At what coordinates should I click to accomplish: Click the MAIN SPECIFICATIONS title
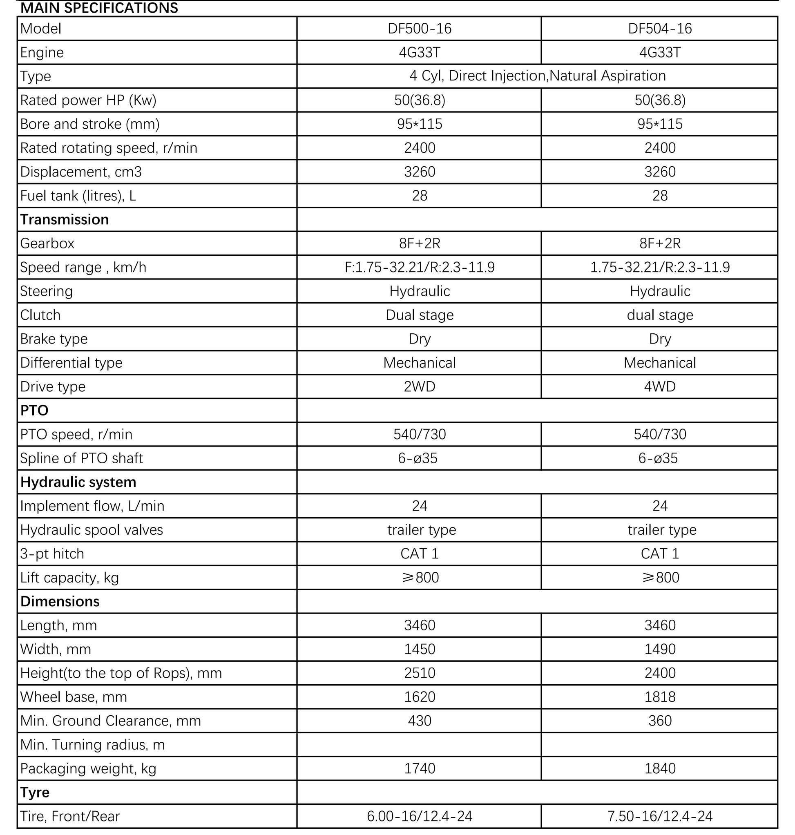pyautogui.click(x=99, y=8)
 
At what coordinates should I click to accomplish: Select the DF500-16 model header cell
pyautogui.click(x=419, y=29)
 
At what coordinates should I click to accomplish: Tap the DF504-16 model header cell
pyautogui.click(x=659, y=29)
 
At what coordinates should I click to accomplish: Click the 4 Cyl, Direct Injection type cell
pyautogui.click(x=537, y=76)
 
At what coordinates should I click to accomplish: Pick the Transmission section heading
pyautogui.click(x=65, y=219)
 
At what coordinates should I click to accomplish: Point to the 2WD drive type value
pyautogui.click(x=419, y=386)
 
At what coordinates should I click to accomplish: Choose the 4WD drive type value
pyautogui.click(x=659, y=386)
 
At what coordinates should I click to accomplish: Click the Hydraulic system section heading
pyautogui.click(x=78, y=482)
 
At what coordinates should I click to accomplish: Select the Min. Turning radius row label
pyautogui.click(x=92, y=745)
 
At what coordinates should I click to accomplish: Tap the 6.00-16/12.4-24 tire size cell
pyautogui.click(x=419, y=816)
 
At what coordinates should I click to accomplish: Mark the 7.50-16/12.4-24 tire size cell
pyautogui.click(x=659, y=816)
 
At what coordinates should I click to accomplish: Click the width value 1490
pyautogui.click(x=659, y=650)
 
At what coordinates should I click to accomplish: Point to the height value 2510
pyautogui.click(x=419, y=673)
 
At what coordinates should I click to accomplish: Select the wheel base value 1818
pyautogui.click(x=659, y=697)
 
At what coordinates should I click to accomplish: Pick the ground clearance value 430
pyautogui.click(x=419, y=721)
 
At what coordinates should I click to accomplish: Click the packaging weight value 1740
pyautogui.click(x=419, y=768)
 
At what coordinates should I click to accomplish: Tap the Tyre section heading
pyautogui.click(x=35, y=792)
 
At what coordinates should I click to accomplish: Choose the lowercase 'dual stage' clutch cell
pyautogui.click(x=659, y=315)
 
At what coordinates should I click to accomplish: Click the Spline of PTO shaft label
pyautogui.click(x=81, y=458)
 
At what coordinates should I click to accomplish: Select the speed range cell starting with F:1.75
pyautogui.click(x=419, y=268)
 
